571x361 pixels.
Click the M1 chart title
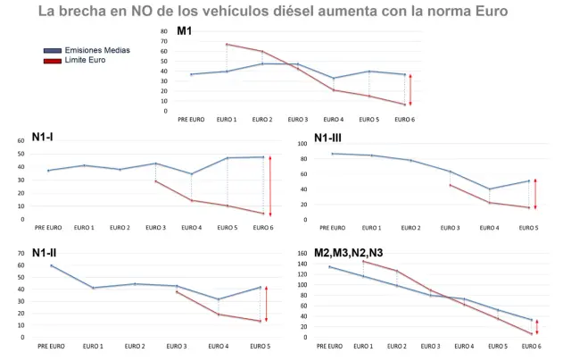click(185, 31)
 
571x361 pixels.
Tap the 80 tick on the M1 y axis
click(163, 31)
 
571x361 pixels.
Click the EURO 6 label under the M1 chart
click(404, 119)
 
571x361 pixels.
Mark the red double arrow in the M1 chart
click(410, 89)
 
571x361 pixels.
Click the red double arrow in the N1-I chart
click(271, 186)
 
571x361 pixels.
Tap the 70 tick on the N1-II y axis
click(21, 253)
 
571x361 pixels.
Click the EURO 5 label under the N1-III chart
click(527, 227)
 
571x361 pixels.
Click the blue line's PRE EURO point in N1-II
click(52, 265)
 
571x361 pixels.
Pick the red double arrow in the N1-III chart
click(535, 194)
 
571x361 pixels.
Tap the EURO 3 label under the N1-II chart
click(176, 345)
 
